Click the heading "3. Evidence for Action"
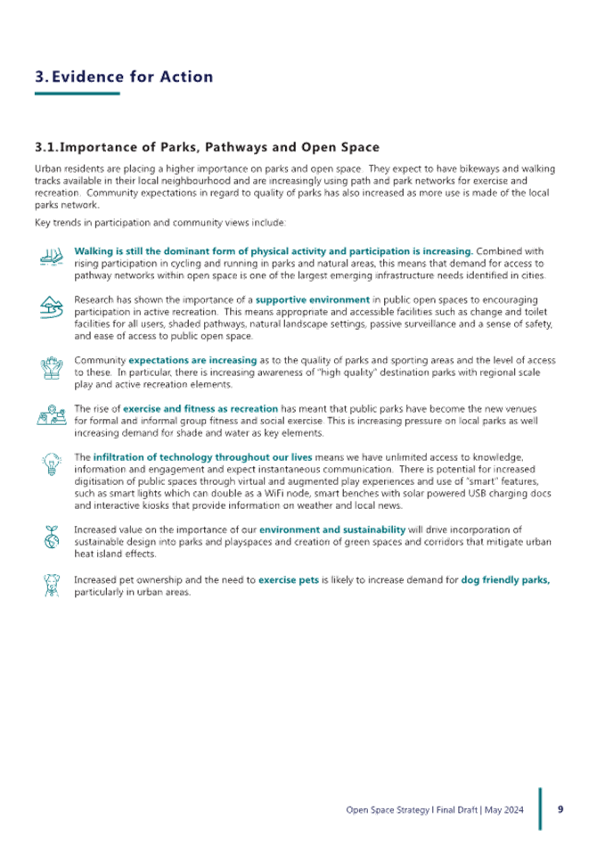[124, 77]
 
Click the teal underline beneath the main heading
[78, 94]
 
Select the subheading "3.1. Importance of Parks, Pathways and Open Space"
[208, 147]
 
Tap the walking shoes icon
[52, 256]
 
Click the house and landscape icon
[52, 307]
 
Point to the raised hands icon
[52, 368]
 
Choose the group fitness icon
[52, 415]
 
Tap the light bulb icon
[52, 464]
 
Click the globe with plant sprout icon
[52, 537]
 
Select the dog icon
[52, 585]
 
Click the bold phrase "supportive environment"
[313, 299]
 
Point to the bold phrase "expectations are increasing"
[192, 360]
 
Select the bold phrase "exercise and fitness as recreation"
[200, 408]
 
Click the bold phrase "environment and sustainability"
[332, 529]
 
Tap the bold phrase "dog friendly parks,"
[505, 579]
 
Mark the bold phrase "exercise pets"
[289, 579]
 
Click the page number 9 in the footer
[560, 809]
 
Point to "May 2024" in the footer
[503, 809]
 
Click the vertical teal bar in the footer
[540, 809]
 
